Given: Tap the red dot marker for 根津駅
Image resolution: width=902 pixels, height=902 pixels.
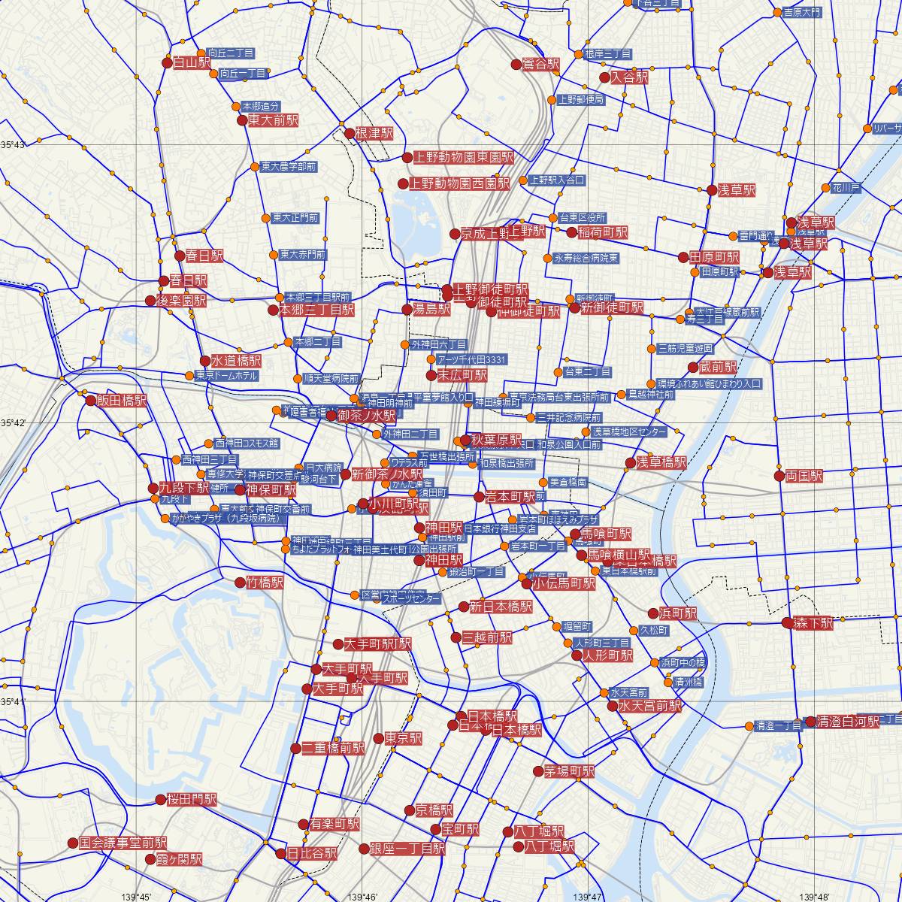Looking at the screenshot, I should tap(349, 134).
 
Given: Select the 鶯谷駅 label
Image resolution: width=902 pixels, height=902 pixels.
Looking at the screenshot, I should tap(542, 65).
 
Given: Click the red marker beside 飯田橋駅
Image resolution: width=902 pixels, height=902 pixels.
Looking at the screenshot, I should tap(90, 401).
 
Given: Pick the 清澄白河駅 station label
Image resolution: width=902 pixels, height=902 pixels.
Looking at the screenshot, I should tap(849, 722).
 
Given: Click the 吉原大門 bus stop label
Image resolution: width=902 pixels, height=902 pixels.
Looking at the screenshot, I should tap(802, 13).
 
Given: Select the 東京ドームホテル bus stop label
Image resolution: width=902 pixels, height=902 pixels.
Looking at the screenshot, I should tap(226, 376).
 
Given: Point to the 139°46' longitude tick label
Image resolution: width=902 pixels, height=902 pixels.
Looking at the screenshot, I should tap(362, 896).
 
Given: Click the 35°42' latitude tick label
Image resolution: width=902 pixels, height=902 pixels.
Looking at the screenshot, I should tap(13, 423).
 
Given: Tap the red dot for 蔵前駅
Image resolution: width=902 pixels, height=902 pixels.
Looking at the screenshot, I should tap(693, 368).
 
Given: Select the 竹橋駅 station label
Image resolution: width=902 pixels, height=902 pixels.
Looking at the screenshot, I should tap(265, 583).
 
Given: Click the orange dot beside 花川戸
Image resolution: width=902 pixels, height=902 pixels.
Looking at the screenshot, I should tap(825, 187).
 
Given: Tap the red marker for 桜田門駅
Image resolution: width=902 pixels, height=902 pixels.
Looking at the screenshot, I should tap(160, 800).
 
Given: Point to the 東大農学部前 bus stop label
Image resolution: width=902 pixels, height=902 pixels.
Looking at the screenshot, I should tap(289, 166).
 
